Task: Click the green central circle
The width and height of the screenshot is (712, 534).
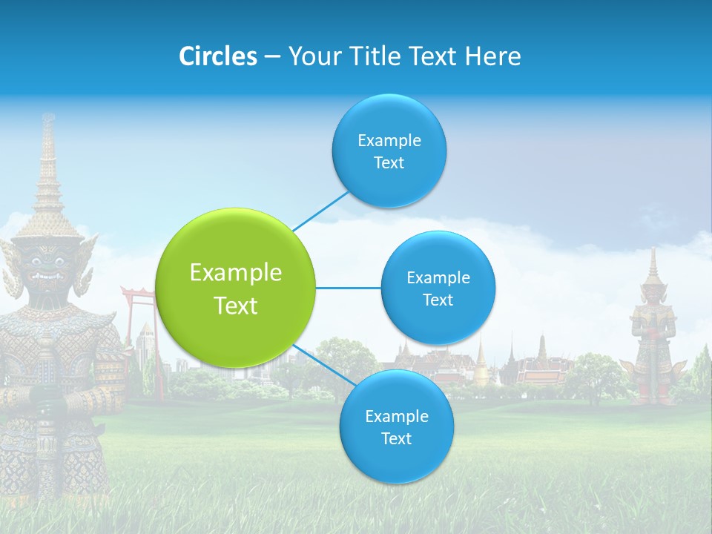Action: pos(236,288)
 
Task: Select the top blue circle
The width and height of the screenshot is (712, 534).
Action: pos(389,151)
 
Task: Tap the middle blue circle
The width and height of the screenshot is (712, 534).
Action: pos(438,288)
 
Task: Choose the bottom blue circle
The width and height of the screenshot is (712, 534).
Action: pos(396,426)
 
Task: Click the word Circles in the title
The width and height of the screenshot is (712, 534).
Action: pos(218,56)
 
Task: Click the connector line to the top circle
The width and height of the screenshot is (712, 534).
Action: pos(321,210)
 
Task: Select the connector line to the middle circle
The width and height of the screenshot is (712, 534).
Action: pos(348,288)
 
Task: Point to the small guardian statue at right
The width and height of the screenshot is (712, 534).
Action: pos(653,334)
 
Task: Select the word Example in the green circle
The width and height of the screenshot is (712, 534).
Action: pos(236,273)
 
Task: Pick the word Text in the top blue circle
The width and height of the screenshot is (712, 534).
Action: pos(389,163)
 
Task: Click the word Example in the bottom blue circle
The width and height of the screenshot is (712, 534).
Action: pos(396,416)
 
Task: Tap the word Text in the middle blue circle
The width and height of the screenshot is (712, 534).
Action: pos(438,300)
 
